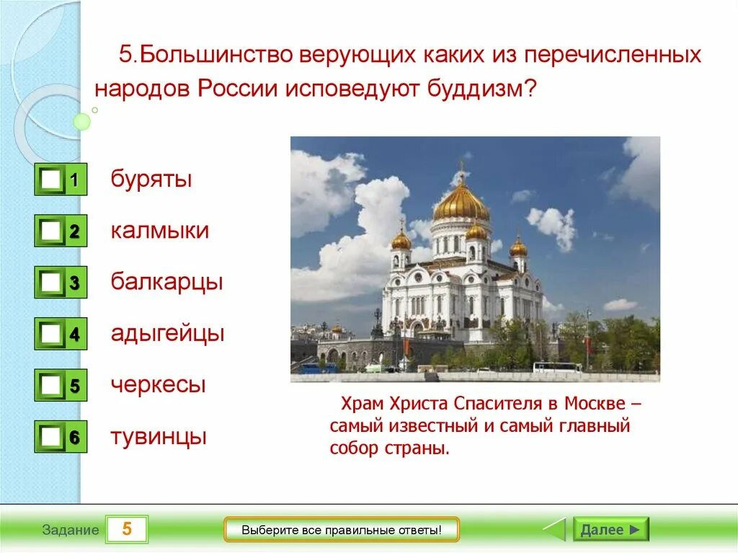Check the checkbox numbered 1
(x=50, y=179)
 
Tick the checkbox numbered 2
(x=50, y=231)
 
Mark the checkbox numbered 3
(x=50, y=282)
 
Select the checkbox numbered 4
(x=50, y=334)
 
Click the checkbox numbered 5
(x=50, y=385)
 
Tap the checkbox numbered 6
(x=50, y=437)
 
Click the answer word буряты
(x=151, y=180)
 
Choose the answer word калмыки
(x=159, y=231)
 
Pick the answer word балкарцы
(x=166, y=282)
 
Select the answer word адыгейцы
(x=167, y=334)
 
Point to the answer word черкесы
(x=158, y=385)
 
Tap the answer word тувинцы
(x=159, y=437)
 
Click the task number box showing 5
(x=127, y=529)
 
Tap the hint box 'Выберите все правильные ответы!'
(x=341, y=530)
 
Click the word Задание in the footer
(x=71, y=530)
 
